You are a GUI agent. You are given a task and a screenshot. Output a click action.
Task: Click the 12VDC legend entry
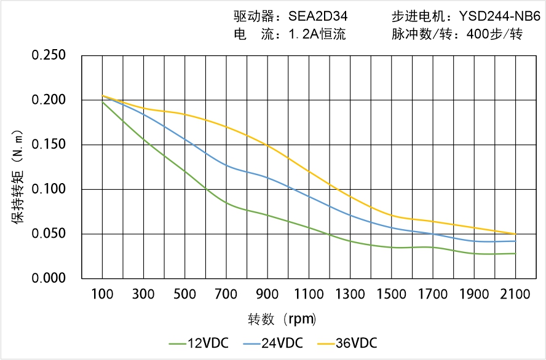(198, 343)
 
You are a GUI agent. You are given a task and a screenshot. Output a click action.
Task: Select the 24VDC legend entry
(272, 343)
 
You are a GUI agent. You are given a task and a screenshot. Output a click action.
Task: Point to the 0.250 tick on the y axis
(49, 55)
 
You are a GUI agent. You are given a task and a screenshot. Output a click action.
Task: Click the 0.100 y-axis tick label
(49, 189)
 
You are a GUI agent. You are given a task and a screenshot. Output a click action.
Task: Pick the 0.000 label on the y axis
(49, 278)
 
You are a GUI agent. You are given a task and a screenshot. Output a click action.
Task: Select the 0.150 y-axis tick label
(49, 144)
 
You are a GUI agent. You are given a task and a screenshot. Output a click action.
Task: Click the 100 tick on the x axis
(102, 294)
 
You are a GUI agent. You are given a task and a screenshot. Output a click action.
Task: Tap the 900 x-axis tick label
(267, 294)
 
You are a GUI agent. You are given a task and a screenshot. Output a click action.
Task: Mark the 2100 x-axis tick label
(515, 294)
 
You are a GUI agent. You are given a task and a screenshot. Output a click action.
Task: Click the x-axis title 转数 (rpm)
(282, 319)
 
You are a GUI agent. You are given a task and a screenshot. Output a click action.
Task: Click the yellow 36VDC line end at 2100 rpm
(515, 234)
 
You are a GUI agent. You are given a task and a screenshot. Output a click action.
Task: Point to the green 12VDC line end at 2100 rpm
(515, 253)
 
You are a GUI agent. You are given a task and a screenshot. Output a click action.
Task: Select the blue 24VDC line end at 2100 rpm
(515, 241)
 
